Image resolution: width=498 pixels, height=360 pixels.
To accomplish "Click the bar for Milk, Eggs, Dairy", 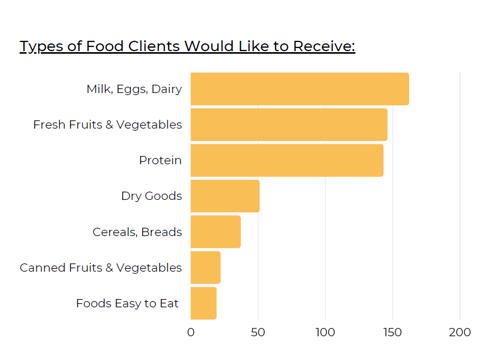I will coord(300,89).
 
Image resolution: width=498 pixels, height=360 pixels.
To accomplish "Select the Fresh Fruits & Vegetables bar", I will coord(289,125).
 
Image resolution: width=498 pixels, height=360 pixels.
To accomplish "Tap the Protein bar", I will coord(287,161).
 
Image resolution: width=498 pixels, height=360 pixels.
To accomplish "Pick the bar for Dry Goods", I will coord(225,196).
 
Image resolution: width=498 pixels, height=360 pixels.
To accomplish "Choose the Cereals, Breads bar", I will coord(215,232).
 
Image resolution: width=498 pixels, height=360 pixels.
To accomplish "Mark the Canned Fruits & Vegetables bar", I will coord(206,268).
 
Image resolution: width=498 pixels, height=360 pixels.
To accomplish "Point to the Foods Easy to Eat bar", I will coord(204,303).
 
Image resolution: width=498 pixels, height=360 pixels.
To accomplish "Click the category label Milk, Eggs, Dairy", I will coord(134,89).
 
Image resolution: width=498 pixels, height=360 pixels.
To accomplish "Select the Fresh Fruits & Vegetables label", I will coord(107,125).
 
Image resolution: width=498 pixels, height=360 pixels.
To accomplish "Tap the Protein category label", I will coord(160,161).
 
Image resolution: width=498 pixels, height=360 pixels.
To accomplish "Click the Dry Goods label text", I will coord(151,196).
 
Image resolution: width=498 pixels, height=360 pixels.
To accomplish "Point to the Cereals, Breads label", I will coord(137,232).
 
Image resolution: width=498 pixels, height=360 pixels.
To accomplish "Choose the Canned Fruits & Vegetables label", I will coord(101,268).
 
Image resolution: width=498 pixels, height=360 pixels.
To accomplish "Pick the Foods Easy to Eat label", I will coord(127,303).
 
